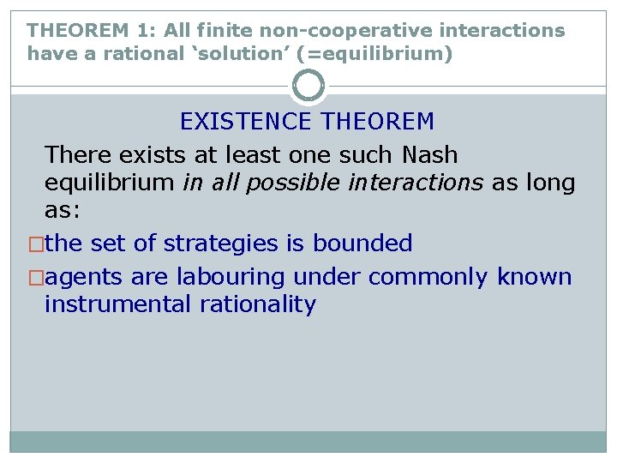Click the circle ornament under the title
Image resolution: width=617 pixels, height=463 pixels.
[x=308, y=87]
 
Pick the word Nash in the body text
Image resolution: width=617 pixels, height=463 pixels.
[x=427, y=155]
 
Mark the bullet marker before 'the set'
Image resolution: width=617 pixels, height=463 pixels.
[x=36, y=244]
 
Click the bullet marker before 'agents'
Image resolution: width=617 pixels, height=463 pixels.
[x=36, y=278]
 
